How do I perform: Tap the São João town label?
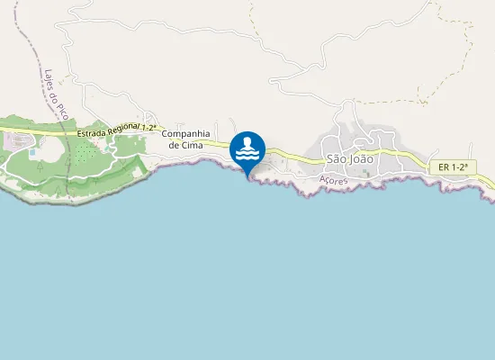click(349, 158)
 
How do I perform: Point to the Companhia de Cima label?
click(186, 139)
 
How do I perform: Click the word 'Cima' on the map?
click(186, 145)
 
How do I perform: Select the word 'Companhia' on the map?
click(186, 133)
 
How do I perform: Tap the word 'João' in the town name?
click(361, 158)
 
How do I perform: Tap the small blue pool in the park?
click(33, 152)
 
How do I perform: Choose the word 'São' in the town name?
click(336, 158)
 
